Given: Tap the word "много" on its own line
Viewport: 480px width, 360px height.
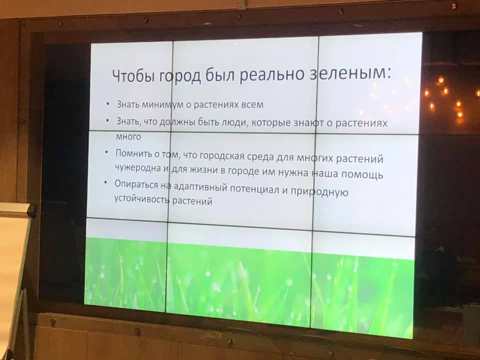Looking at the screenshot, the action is (128, 136).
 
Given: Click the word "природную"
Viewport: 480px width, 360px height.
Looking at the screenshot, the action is (319, 192).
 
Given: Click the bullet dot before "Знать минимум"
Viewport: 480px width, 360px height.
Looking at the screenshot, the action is (107, 104).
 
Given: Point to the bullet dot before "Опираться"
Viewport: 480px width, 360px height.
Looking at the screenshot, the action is (105, 183).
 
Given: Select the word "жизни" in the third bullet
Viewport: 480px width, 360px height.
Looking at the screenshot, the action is (204, 170).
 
